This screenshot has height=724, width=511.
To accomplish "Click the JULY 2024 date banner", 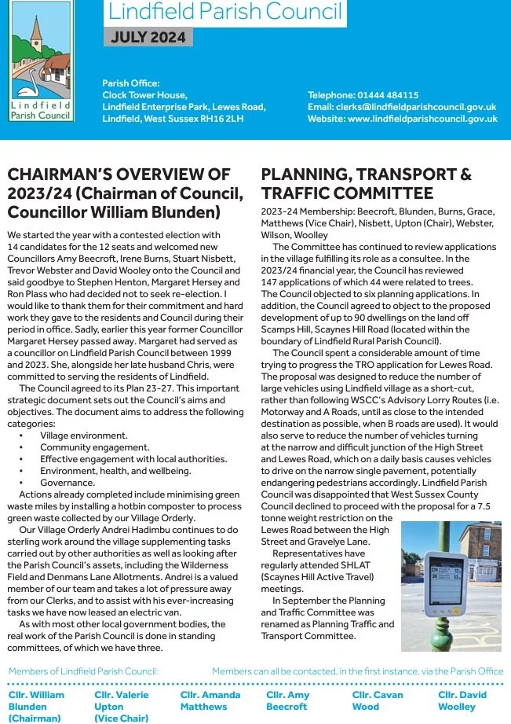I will coord(148,37).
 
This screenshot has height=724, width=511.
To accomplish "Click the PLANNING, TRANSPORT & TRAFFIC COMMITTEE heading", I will coord(366,183).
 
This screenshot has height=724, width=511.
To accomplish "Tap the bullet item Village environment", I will coord(84,435).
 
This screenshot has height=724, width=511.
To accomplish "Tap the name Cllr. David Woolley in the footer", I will coord(462,700).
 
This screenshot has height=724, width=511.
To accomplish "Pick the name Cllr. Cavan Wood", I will coord(378,700).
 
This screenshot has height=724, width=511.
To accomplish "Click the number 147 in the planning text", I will coord(271,282).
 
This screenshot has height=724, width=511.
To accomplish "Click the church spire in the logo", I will coord(35,28).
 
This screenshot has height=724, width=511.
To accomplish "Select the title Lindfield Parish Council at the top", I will coord(225,12).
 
